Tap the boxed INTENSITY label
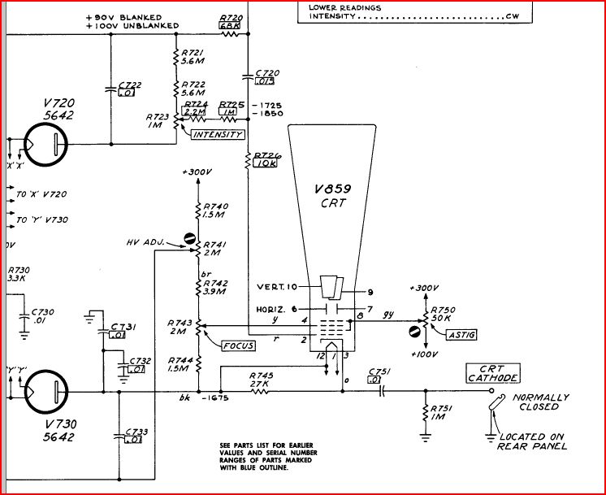[x=217, y=134]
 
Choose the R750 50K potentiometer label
[x=444, y=315]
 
